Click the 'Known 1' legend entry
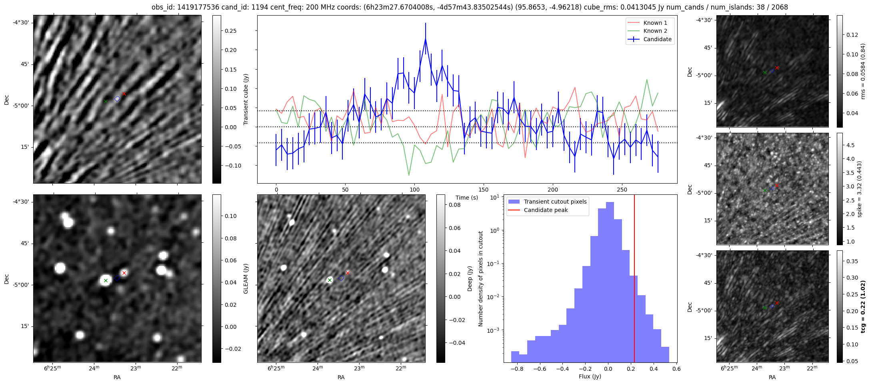point(655,23)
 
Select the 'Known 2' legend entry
point(655,31)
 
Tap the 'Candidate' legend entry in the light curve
point(657,39)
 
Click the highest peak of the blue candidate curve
point(426,39)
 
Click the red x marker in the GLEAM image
point(124,273)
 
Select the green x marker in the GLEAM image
point(106,281)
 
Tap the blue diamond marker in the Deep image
point(341,278)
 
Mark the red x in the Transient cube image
point(124,94)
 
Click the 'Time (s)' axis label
point(467,198)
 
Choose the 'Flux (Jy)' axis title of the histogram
point(590,376)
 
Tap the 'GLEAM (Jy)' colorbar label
point(246,278)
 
